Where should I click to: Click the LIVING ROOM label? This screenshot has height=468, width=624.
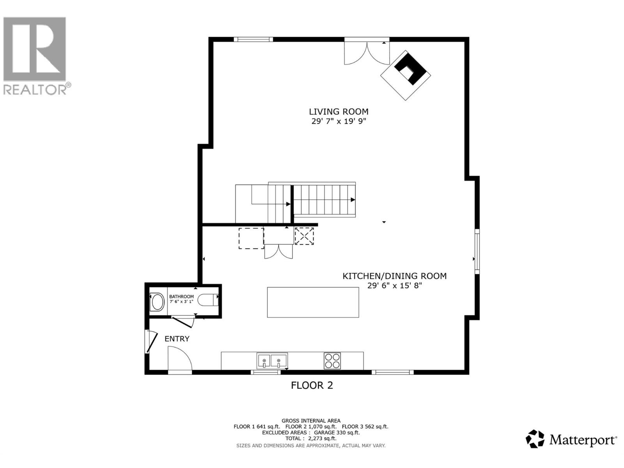point(339,112)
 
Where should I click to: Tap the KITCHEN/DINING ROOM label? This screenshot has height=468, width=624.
point(394,276)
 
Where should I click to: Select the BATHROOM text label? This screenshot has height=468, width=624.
point(181,297)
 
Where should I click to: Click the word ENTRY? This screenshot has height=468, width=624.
point(177,339)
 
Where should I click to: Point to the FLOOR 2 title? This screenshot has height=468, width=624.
point(312,386)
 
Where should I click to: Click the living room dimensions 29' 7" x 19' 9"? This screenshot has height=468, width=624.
point(339,121)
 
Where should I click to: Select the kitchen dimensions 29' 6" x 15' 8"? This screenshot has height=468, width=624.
point(394,285)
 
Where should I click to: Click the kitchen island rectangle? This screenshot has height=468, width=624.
point(313,302)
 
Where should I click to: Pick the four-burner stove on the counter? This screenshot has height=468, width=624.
point(332,361)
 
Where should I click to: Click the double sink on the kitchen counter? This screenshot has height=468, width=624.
point(272,361)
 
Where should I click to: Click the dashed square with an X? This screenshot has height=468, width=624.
point(304,236)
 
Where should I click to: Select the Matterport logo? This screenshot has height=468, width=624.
point(571,440)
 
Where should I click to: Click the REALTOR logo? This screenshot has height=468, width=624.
point(35,55)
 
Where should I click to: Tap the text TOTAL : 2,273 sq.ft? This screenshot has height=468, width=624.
point(311,438)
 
